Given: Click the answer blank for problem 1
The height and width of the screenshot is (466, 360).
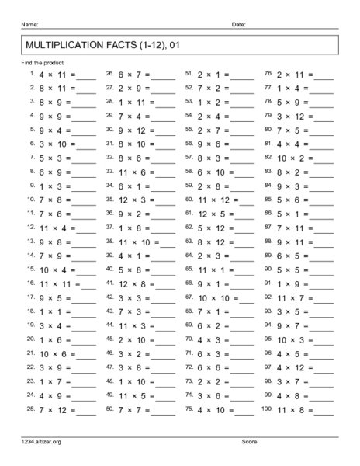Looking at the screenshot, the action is point(85,78).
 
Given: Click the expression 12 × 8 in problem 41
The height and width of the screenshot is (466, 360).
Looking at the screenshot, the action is point(133,285).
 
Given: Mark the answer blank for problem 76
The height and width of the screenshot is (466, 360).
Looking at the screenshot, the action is point(323,78).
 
